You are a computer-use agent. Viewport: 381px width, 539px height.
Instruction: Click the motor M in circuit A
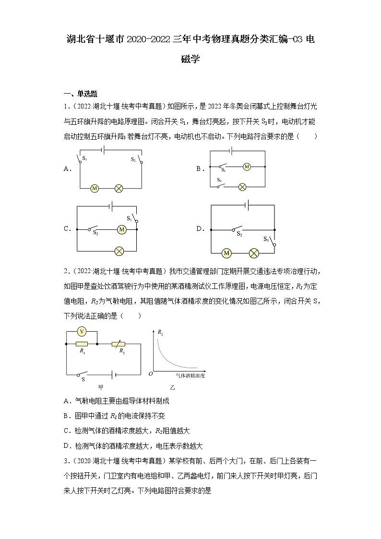pyautogui.click(x=95, y=189)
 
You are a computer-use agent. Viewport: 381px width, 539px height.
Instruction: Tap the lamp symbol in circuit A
pyautogui.click(x=118, y=189)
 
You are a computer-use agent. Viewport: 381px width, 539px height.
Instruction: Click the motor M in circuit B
pyautogui.click(x=247, y=167)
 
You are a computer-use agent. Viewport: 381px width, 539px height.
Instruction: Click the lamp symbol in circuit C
pyautogui.click(x=118, y=250)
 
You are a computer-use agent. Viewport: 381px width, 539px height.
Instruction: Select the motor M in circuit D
pyautogui.click(x=227, y=253)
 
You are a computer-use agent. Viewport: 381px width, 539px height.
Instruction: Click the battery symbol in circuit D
pyautogui.click(x=247, y=205)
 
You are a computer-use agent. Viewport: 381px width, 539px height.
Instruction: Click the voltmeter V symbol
pyautogui.click(x=82, y=332)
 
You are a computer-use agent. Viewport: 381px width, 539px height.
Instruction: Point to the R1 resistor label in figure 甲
pyautogui.click(x=82, y=351)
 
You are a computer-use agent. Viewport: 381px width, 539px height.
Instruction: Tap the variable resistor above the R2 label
pyautogui.click(x=118, y=344)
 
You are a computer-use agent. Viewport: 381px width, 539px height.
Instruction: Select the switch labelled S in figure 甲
pyautogui.click(x=83, y=374)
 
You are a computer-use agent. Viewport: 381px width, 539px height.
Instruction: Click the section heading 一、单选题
pyautogui.click(x=81, y=94)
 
